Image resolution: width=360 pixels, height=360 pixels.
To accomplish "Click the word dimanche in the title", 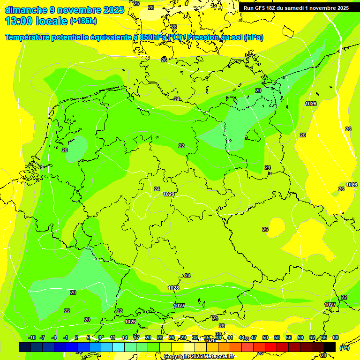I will point(25,10).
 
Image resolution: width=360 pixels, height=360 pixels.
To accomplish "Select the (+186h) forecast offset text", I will point(83,21).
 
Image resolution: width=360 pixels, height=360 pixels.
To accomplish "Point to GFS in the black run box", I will point(262,8).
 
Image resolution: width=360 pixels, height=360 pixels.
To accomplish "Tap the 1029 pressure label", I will point(169,194).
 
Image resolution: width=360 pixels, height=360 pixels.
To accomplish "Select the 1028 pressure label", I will point(173,288).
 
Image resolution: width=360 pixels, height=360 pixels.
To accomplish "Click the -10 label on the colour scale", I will point(32,337).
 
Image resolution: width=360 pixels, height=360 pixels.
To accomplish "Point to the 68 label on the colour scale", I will point(336,337).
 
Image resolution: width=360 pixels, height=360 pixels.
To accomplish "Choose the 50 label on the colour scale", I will point(265,337).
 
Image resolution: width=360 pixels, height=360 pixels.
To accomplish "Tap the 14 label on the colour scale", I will point(125,337).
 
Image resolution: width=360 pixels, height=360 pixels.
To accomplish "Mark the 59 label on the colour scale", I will point(300,337).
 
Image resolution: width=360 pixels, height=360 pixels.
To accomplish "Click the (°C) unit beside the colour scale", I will point(344,348).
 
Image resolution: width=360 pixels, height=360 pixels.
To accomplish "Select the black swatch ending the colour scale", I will point(330,347).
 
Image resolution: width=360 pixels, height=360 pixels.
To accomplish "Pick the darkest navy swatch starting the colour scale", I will point(25,347).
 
